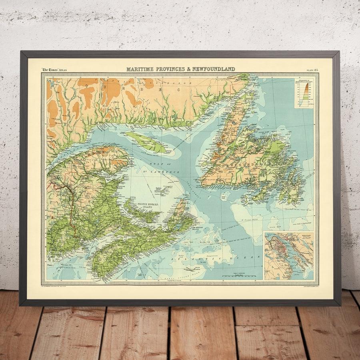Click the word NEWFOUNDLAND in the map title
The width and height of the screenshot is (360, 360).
[214, 69]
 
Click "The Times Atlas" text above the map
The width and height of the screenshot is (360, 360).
[54, 70]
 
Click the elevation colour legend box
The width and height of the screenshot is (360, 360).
[304, 92]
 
